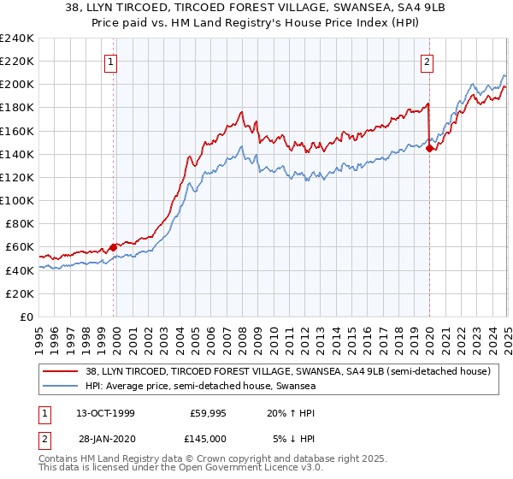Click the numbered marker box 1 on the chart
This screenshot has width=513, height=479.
point(113,61)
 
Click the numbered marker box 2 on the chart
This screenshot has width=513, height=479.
point(427,61)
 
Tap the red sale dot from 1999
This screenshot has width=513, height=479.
point(113,247)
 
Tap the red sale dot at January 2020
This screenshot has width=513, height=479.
point(429,148)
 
